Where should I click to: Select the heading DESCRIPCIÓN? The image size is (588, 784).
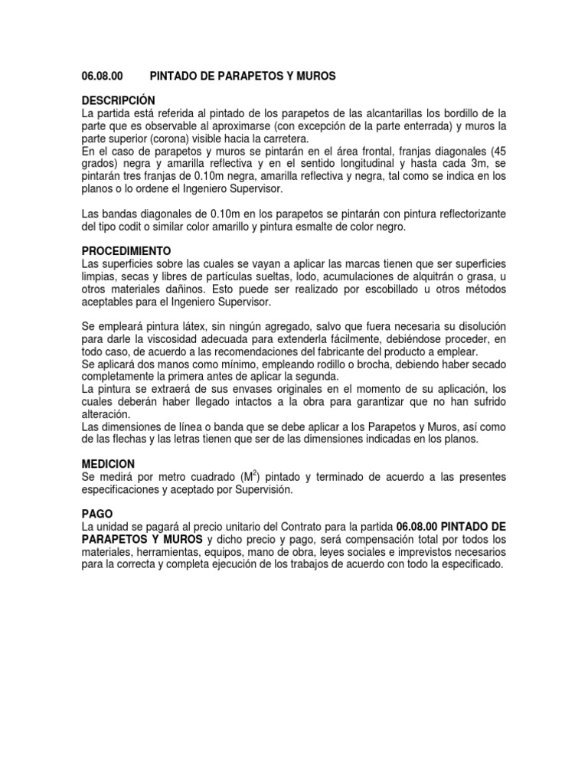click(118, 101)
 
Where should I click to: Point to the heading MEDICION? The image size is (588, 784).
click(108, 464)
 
